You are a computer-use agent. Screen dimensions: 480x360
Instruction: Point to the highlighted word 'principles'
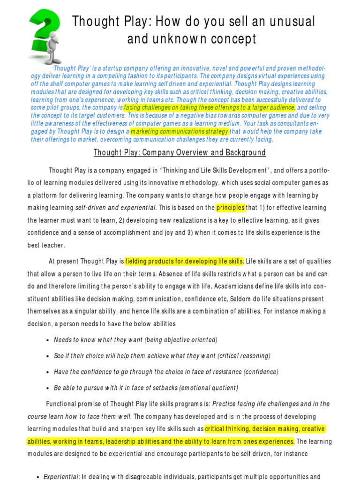(x=230, y=208)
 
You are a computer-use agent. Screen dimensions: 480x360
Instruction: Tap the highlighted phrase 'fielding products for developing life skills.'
(x=184, y=261)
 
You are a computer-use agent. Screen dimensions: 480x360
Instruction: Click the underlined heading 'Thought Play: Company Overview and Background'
(x=180, y=153)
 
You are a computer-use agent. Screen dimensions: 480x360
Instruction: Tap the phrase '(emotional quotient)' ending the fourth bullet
(x=206, y=388)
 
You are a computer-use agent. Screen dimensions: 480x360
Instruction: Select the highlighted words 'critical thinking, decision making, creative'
(x=264, y=429)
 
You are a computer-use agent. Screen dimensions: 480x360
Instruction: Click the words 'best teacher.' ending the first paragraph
(x=46, y=245)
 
